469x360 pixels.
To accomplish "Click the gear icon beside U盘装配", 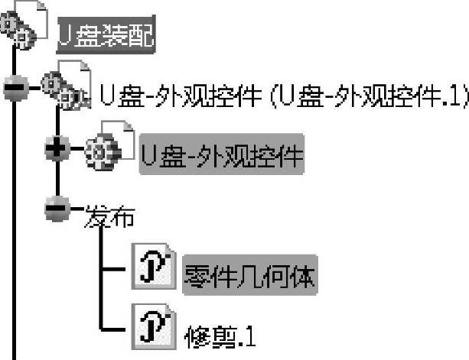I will (x=21, y=29).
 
